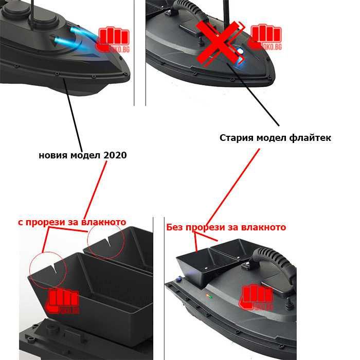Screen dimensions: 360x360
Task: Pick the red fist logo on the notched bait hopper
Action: (63, 302)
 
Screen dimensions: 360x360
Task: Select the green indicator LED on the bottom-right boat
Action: (209, 296)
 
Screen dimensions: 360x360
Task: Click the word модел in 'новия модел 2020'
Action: (85, 155)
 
